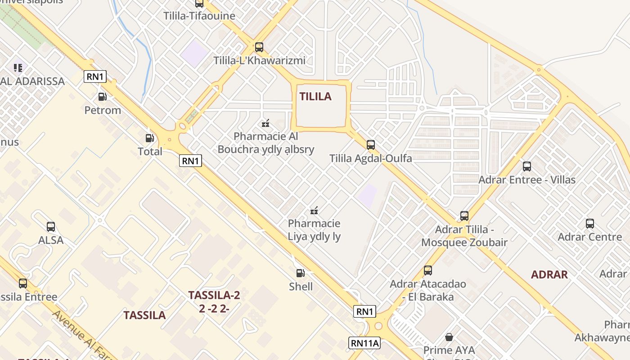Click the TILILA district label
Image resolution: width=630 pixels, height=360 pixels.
(x=315, y=96)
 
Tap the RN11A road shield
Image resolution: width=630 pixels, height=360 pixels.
(x=364, y=343)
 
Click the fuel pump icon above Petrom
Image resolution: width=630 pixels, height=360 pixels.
(x=103, y=96)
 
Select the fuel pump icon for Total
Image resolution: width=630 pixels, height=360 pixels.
(x=150, y=138)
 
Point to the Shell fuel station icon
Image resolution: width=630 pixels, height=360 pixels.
(x=300, y=273)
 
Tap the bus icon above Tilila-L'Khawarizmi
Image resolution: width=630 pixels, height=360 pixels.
(x=259, y=47)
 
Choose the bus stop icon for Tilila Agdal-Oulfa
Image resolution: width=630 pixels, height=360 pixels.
(x=371, y=144)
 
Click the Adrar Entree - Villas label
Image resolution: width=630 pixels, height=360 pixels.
(x=527, y=180)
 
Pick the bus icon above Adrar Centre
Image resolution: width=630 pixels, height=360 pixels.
(x=589, y=223)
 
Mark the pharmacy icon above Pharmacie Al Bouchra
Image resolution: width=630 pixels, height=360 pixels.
(x=265, y=123)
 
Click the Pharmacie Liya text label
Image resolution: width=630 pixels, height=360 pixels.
(x=314, y=230)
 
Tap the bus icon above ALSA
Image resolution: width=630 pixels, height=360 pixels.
(x=51, y=227)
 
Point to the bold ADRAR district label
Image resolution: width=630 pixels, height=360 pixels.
(x=549, y=274)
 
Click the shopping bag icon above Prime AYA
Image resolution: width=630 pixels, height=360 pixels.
(x=449, y=337)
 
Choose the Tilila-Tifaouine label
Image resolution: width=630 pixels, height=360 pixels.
(x=199, y=16)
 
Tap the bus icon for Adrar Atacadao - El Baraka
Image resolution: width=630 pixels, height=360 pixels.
(x=428, y=270)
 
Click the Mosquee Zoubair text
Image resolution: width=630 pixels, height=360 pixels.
(x=464, y=243)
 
